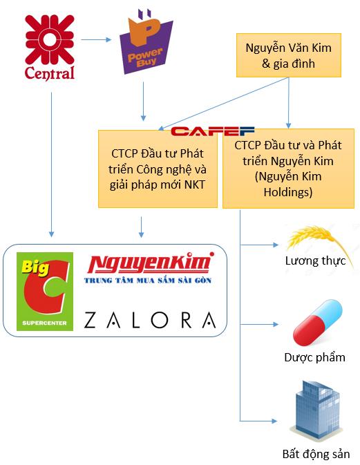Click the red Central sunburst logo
pyautogui.click(x=50, y=40)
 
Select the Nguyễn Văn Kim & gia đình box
pyautogui.click(x=289, y=55)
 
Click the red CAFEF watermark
pyautogui.click(x=213, y=131)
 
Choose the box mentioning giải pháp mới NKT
pyautogui.click(x=158, y=169)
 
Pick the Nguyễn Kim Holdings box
pyautogui.click(x=288, y=169)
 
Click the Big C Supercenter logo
pyautogui.click(x=45, y=292)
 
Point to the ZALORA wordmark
pyautogui.click(x=150, y=320)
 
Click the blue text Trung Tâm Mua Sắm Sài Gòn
pyautogui.click(x=148, y=281)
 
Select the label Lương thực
pyautogui.click(x=315, y=261)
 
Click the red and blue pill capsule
pyautogui.click(x=317, y=323)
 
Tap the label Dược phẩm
pyautogui.click(x=314, y=357)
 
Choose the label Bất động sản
pyautogui.click(x=316, y=454)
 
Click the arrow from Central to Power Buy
pyautogui.click(x=96, y=39)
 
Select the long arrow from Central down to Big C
pyautogui.click(x=51, y=164)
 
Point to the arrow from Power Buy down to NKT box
pyautogui.click(x=143, y=102)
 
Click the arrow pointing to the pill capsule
pyautogui.click(x=259, y=325)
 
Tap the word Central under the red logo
pyautogui.click(x=50, y=73)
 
